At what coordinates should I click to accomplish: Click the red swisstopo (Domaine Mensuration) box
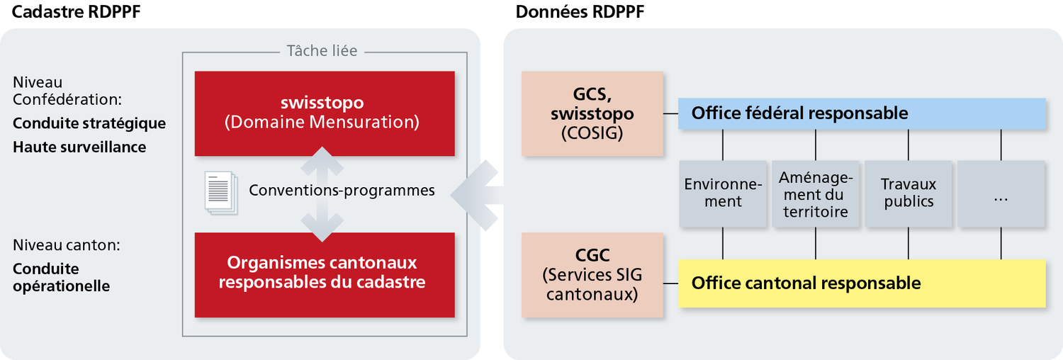324,113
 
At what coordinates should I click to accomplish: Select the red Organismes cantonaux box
324,274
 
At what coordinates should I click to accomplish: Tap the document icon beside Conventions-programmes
220,193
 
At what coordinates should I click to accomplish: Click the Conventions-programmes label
342,191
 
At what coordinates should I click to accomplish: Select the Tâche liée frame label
322,51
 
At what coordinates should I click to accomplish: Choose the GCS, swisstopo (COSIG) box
592,113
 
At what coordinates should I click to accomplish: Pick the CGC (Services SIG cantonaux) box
592,274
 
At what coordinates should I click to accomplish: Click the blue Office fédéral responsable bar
862,113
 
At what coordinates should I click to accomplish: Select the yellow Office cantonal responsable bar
862,283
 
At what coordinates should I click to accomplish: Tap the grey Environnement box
723,193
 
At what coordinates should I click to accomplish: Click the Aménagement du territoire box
816,193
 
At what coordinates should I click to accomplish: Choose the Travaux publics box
909,193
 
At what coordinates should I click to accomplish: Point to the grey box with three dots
1001,193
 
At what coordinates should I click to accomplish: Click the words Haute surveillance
79,147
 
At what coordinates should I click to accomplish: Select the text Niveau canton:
67,246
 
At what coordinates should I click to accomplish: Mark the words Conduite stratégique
89,123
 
